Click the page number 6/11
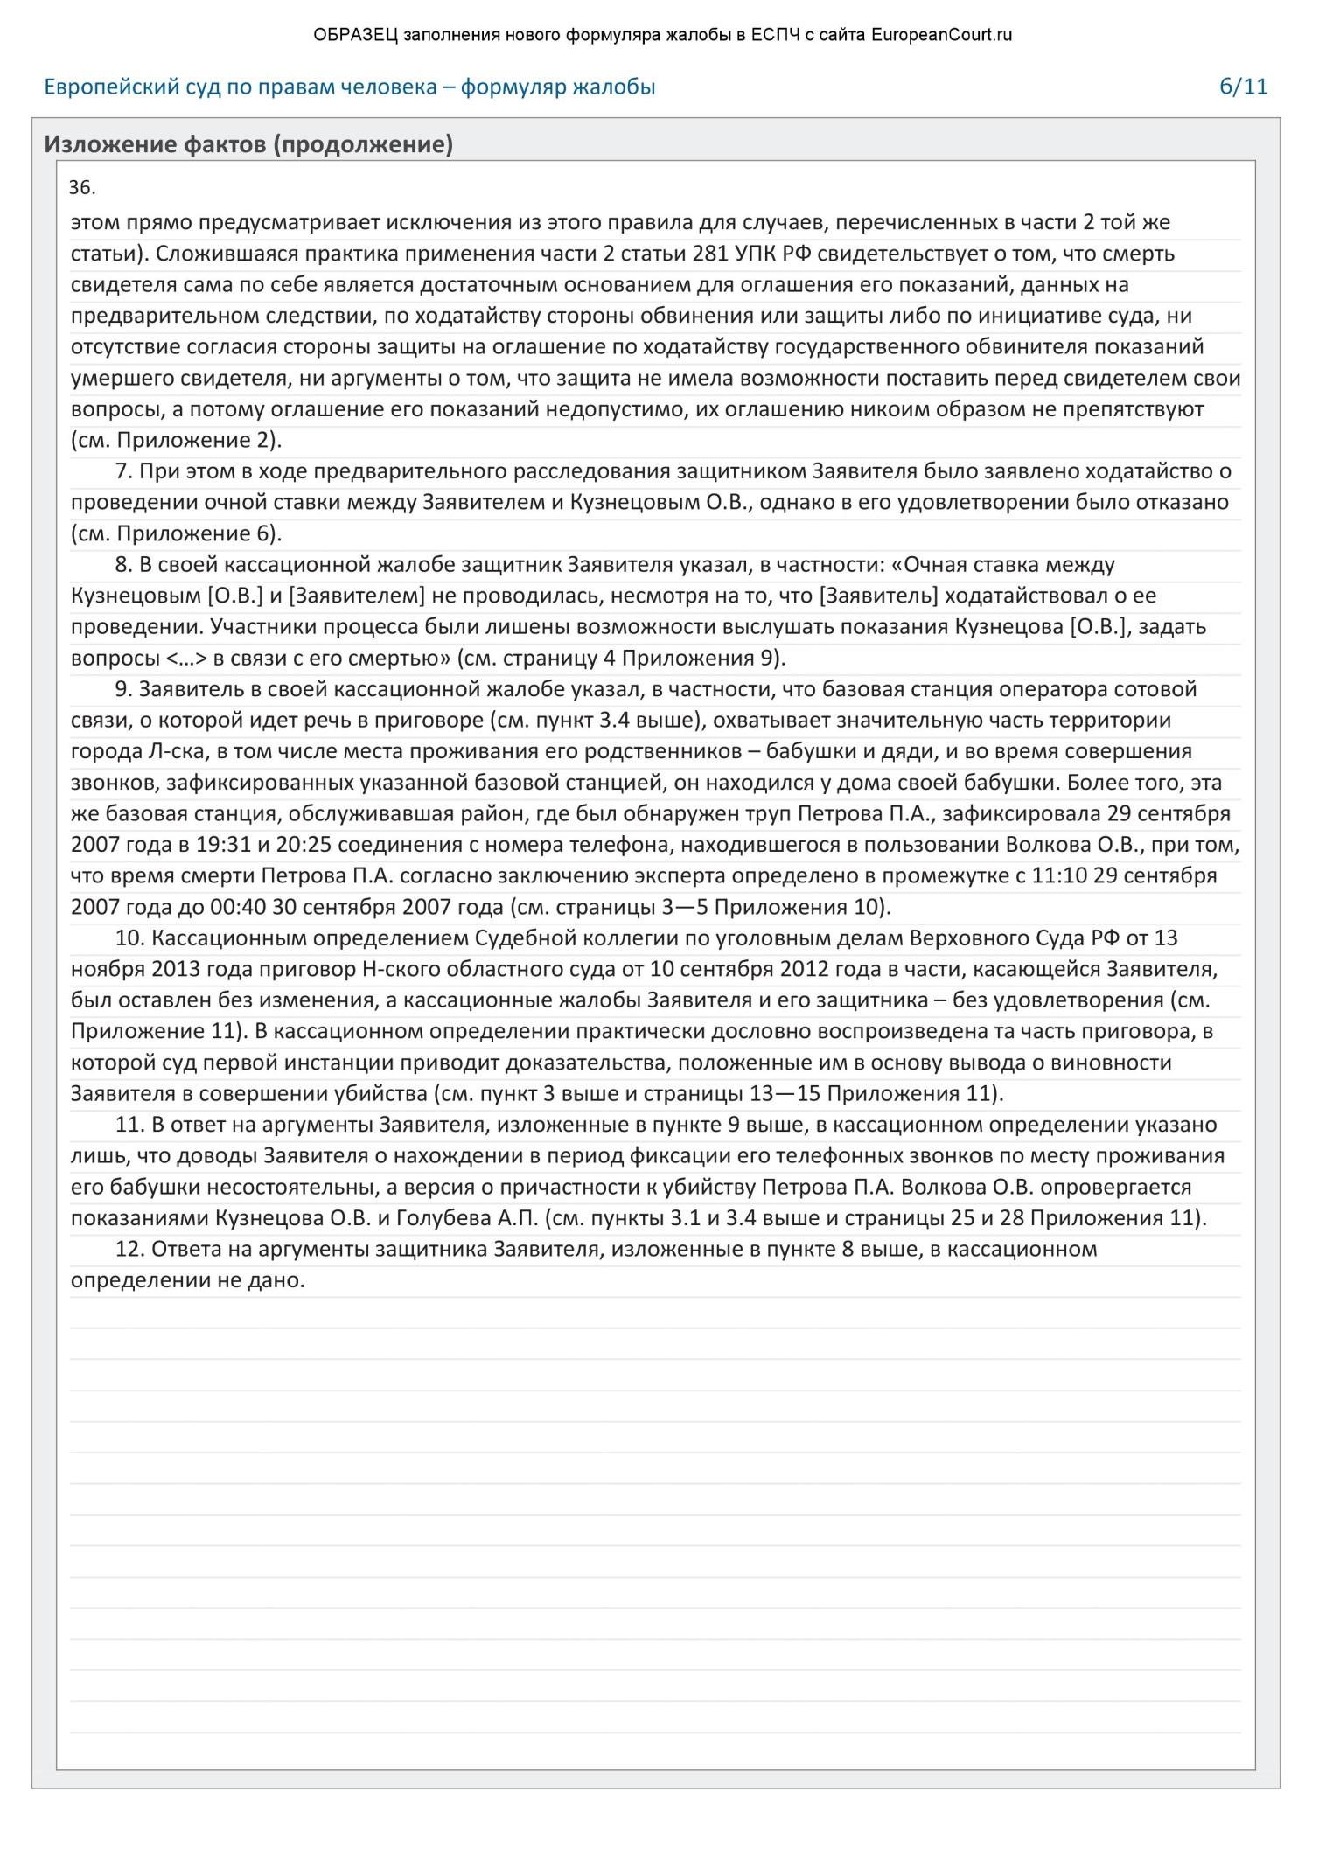tap(1243, 87)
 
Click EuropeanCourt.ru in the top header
tap(942, 35)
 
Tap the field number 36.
tap(81, 188)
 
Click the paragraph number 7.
tap(123, 472)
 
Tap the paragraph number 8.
tap(123, 566)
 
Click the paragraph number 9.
tap(123, 690)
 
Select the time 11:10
tap(1059, 876)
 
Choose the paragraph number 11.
tap(129, 1126)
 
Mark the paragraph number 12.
tap(129, 1250)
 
